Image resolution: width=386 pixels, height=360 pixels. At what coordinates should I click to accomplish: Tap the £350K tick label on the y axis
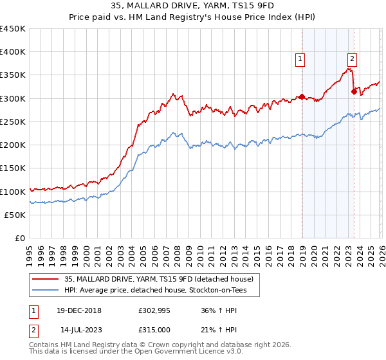click(x=13, y=75)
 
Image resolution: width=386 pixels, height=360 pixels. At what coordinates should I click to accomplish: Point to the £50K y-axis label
click(x=15, y=215)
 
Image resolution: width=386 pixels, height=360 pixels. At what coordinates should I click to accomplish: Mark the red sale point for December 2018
click(x=301, y=97)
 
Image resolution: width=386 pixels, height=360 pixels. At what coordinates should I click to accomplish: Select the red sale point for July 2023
click(x=354, y=92)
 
